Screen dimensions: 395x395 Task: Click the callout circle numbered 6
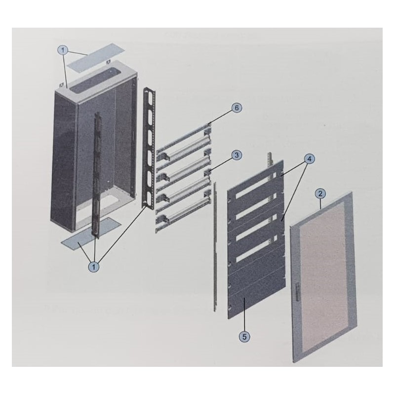(237, 107)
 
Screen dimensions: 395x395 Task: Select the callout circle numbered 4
(309, 159)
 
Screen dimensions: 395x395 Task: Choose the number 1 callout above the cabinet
(63, 50)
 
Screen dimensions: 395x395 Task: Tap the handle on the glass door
(298, 291)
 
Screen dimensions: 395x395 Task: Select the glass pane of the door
(324, 274)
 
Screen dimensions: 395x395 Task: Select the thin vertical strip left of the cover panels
(215, 247)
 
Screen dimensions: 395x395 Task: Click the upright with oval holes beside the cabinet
(146, 148)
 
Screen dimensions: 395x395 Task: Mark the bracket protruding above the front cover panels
(270, 159)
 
